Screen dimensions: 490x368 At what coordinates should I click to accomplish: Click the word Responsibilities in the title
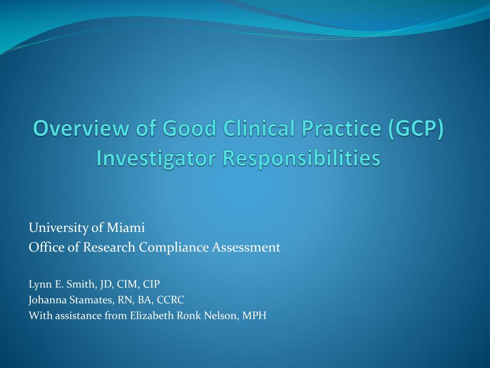tap(301, 158)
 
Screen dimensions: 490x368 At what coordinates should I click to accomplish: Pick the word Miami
tap(126, 228)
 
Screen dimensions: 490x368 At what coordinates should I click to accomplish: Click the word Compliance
tap(174, 248)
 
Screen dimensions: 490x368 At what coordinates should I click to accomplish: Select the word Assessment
tap(246, 248)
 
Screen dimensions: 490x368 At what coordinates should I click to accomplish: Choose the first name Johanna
tap(48, 300)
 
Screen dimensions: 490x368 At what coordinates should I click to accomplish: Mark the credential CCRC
tap(170, 300)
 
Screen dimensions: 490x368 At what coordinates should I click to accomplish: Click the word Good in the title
tap(189, 128)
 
